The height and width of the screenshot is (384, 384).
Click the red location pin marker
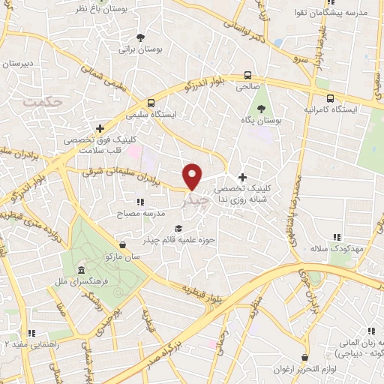pos(193,175)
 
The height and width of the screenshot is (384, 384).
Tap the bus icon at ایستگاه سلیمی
pos(151,103)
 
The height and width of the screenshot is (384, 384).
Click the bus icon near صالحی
pos(247,75)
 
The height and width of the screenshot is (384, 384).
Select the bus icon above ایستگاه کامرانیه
pos(331,97)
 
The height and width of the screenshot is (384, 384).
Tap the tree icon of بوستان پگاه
pos(261,109)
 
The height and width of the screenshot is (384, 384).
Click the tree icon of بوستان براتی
pos(140,37)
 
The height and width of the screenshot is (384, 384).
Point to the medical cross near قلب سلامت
pos(100,128)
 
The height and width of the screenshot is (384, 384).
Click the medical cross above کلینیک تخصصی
pos(241,177)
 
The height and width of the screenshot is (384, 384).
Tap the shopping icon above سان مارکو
pos(122,244)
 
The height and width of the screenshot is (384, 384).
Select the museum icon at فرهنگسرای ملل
pos(80,271)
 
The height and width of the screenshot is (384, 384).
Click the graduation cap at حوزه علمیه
pos(178,229)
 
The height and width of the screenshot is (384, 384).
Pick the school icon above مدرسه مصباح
pos(139,201)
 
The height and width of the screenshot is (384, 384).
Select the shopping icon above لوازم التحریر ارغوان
pos(304,358)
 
